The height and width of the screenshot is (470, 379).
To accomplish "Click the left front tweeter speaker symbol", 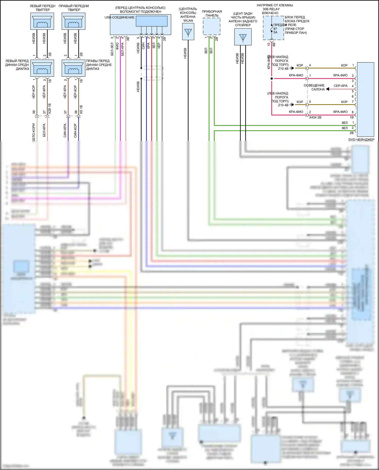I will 42,21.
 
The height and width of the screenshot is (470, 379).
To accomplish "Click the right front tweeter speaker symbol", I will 74,21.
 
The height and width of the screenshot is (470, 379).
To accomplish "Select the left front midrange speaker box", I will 42,68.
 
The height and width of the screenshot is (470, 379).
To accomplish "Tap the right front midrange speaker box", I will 74,68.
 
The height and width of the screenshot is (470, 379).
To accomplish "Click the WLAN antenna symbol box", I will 188,32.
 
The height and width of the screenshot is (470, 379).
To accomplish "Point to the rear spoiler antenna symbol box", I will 243,37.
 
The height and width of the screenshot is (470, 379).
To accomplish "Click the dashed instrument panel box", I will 212,26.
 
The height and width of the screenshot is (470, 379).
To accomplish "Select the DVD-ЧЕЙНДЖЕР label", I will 361,140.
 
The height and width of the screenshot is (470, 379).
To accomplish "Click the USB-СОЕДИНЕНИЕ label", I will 120,17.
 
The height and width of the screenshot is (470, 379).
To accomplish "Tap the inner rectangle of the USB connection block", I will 152,21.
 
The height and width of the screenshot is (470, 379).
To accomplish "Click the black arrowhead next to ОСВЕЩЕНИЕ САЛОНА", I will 327,89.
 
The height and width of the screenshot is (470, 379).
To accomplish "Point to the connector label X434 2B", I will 315,117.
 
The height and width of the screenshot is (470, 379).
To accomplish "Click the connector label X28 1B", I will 50,108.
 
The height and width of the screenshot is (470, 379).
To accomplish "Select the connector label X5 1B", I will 81,109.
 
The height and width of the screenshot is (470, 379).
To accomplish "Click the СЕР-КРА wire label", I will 340,86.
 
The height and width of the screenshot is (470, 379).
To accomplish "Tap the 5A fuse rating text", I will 275,32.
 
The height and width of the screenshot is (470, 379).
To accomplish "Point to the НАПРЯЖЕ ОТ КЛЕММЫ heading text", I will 275,5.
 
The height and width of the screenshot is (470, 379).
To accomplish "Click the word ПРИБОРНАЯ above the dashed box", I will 212,12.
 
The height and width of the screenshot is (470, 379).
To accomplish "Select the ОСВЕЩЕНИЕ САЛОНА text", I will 314,87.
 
